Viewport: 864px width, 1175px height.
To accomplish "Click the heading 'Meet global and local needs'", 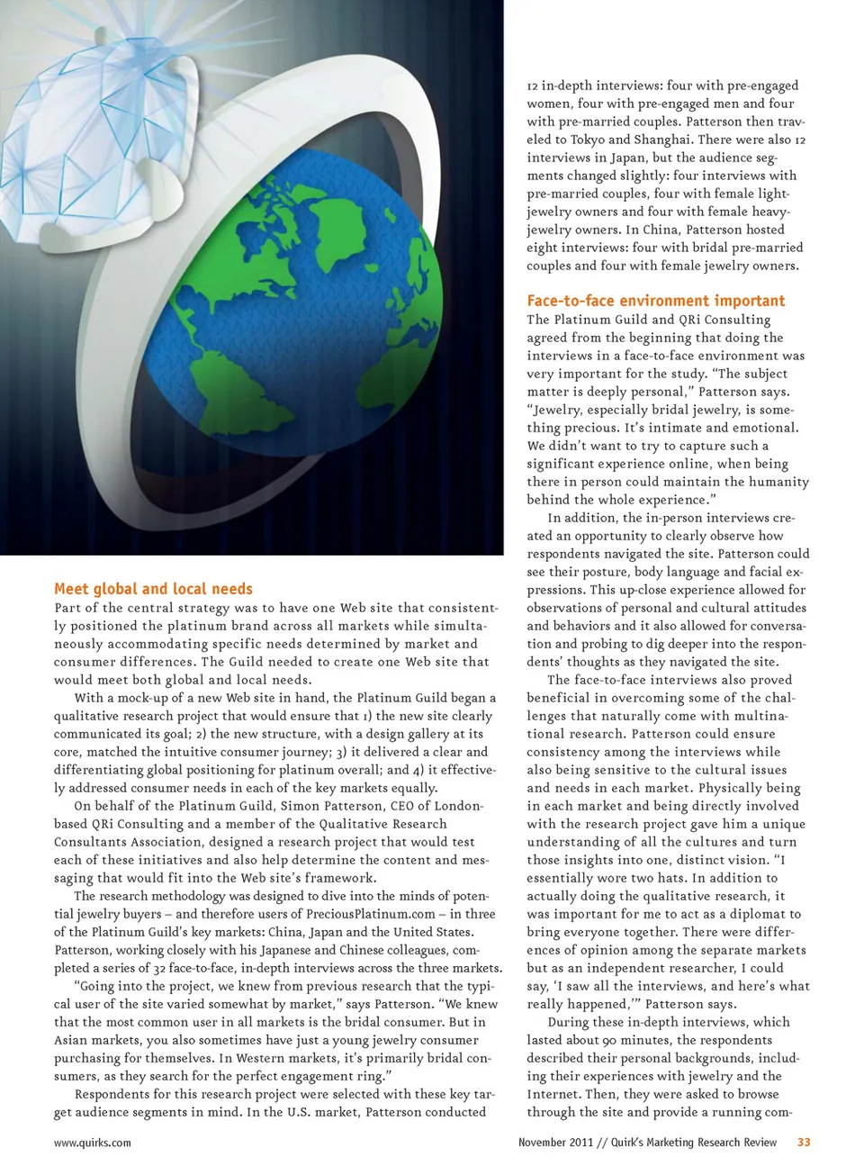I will (153, 589).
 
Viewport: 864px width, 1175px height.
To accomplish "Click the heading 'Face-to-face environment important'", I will (655, 301).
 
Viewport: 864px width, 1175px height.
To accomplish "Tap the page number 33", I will (804, 1142).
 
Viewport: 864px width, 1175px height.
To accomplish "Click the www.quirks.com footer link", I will (92, 1143).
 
